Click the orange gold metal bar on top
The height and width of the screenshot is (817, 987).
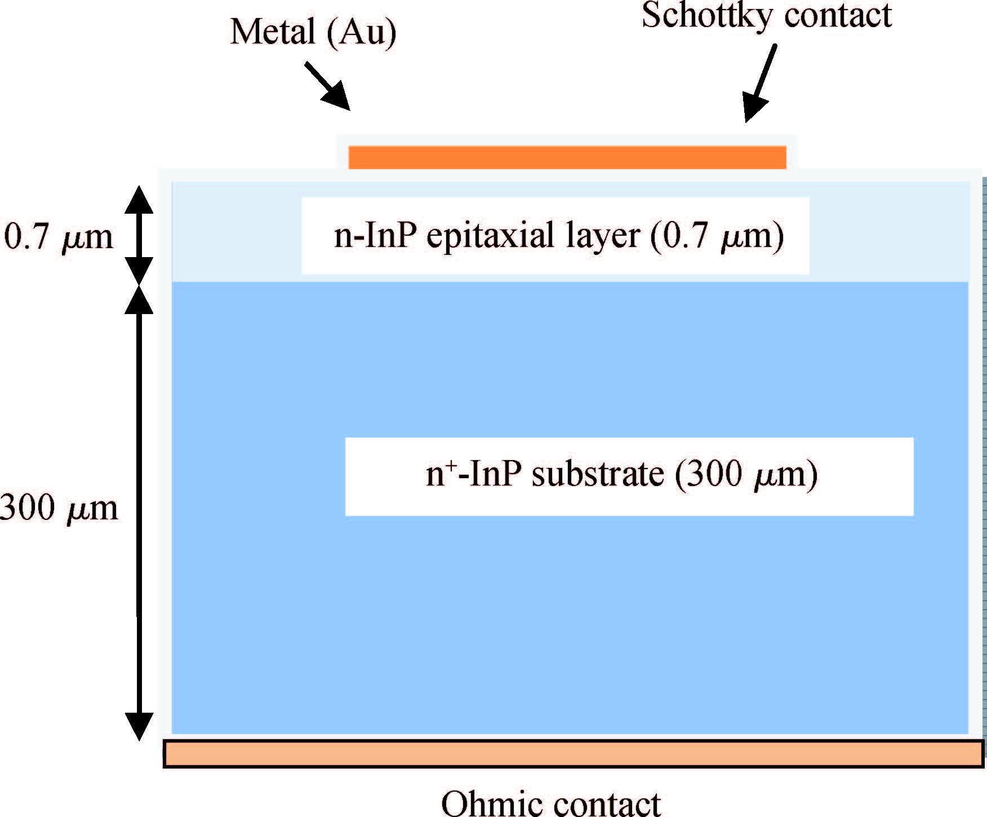click(567, 157)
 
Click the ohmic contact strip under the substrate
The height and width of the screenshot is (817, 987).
click(573, 754)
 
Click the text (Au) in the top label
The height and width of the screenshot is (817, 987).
click(361, 33)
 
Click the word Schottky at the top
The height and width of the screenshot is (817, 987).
click(707, 16)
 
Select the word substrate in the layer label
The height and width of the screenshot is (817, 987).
click(598, 475)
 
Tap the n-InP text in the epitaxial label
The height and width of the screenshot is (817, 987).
click(375, 236)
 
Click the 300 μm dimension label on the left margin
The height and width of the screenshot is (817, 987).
click(59, 507)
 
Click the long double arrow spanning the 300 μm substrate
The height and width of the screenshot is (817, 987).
click(139, 513)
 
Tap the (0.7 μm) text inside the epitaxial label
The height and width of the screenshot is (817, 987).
click(717, 236)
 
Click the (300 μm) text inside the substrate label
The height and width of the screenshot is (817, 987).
click(746, 475)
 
